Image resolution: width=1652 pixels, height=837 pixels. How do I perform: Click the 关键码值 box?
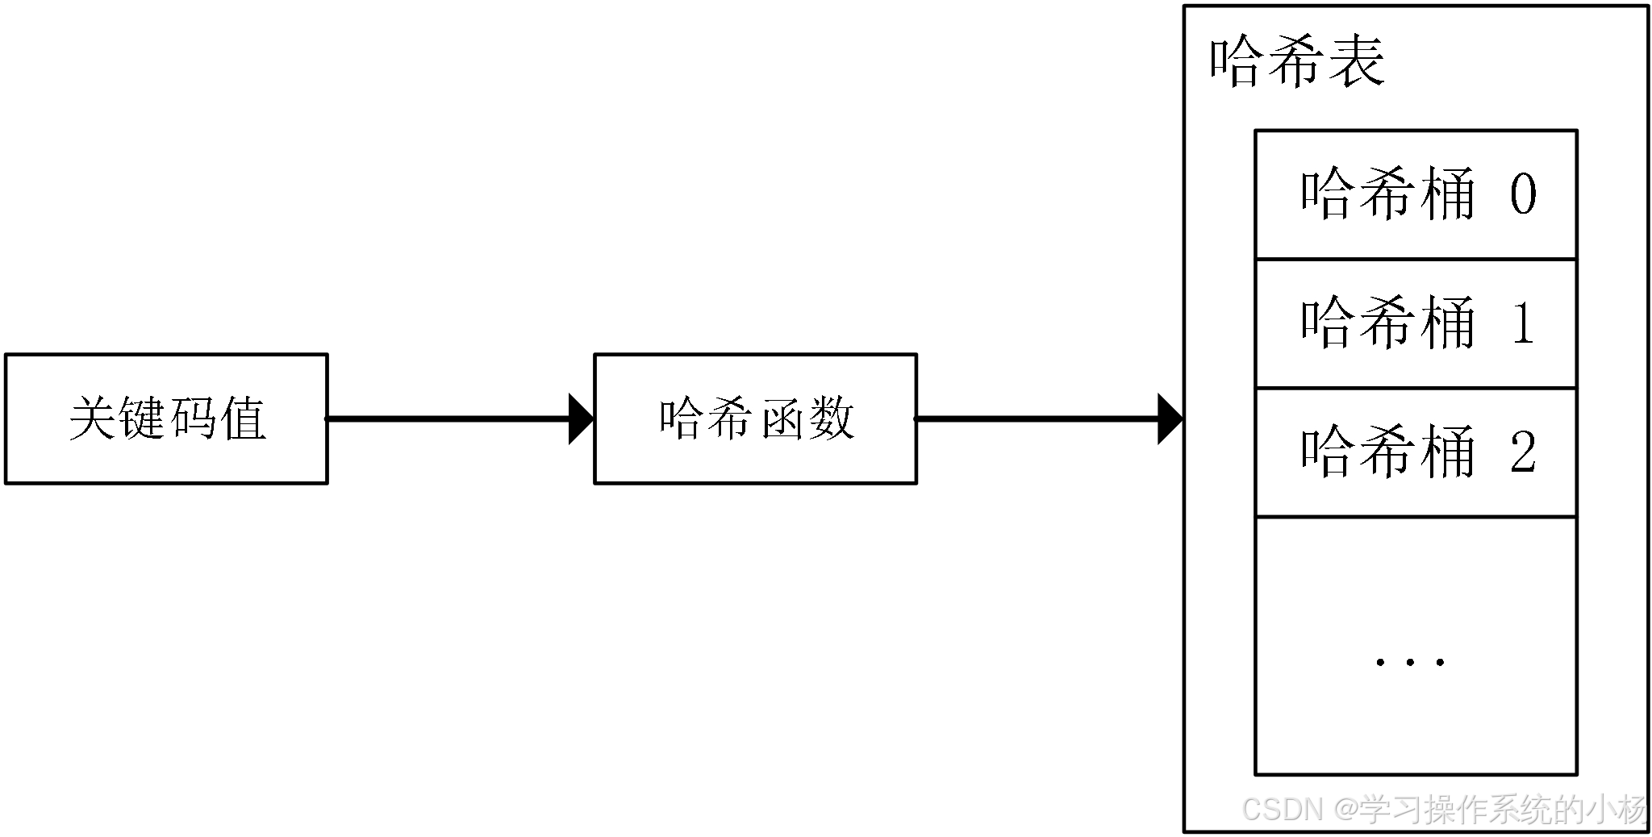pos(166,418)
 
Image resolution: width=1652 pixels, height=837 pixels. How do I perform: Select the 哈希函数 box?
pos(755,418)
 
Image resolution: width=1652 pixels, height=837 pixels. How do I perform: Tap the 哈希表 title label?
pos(1297,62)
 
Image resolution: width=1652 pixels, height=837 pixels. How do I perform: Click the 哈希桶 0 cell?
pos(1416,194)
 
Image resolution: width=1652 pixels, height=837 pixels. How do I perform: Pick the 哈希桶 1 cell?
pos(1416,323)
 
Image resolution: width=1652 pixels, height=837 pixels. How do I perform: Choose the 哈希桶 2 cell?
pos(1416,452)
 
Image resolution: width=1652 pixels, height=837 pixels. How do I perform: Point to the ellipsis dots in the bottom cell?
pos(1409,662)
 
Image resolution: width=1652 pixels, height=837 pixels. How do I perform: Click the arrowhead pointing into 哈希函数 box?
pos(581,418)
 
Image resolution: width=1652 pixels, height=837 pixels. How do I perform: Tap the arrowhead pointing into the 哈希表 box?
pos(1170,418)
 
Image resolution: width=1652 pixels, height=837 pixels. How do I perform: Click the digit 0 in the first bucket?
pos(1523,194)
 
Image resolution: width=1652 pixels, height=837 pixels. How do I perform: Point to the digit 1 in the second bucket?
pos(1523,323)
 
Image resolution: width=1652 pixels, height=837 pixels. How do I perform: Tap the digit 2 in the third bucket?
pos(1523,452)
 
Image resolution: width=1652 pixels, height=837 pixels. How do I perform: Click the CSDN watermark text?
pos(1444,809)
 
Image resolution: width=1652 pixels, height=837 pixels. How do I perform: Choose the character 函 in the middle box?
pos(781,418)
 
